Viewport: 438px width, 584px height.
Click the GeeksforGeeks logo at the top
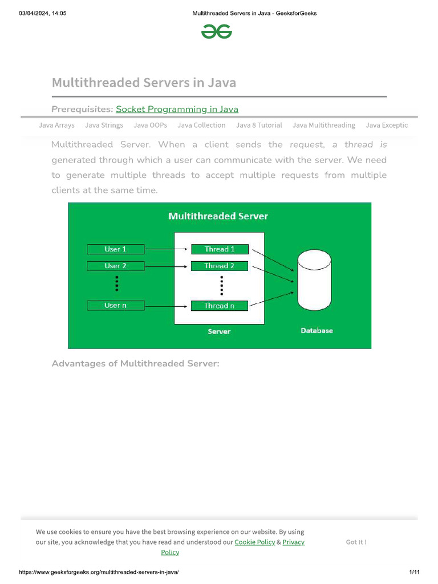pos(217,33)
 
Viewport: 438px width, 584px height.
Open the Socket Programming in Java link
pos(177,109)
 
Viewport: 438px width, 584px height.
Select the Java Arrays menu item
pos(56,125)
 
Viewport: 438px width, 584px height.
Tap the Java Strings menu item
pos(104,125)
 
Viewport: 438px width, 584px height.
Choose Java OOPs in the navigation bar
pos(150,125)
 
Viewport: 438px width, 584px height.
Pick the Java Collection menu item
pos(201,125)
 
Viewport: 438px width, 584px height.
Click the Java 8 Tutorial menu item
pos(259,125)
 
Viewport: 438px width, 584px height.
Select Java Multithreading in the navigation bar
pos(323,125)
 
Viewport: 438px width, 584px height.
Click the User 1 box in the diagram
pos(115,249)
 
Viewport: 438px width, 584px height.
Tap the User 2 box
pos(115,266)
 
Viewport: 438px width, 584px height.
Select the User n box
pos(115,306)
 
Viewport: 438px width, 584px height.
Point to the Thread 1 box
pos(220,249)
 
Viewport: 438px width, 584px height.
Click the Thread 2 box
pos(220,266)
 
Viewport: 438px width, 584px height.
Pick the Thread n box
pos(220,306)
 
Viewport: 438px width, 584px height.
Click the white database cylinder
pos(314,285)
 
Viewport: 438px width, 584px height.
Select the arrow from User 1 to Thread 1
pos(167,249)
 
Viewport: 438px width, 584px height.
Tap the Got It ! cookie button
pos(356,542)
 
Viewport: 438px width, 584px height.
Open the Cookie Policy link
pos(254,542)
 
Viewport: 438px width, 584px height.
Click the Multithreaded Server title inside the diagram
pos(218,216)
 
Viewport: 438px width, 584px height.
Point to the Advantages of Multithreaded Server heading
pos(135,363)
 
